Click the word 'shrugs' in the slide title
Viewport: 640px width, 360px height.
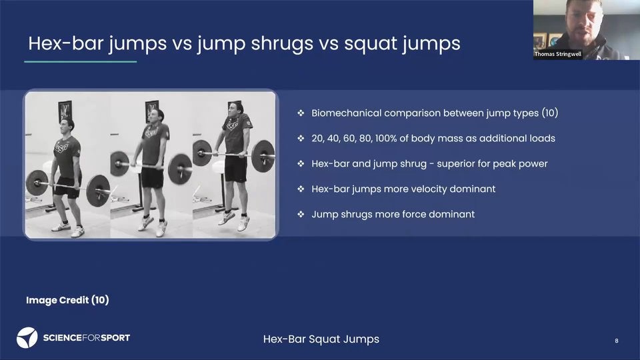[x=281, y=44]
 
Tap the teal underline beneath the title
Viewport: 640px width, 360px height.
[x=81, y=61]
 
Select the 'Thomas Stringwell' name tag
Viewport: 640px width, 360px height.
[x=558, y=54]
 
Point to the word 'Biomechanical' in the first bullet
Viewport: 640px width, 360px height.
[x=346, y=113]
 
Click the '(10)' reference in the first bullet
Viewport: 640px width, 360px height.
[x=550, y=113]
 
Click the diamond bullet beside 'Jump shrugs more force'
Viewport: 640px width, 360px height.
[x=301, y=214]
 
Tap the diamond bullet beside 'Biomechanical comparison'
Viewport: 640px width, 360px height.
[x=301, y=113]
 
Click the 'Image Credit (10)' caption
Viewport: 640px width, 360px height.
[x=67, y=301]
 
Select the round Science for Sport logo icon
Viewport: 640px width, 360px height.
[x=27, y=337]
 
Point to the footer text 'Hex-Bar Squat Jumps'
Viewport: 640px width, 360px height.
[x=321, y=339]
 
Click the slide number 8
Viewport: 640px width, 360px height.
[x=616, y=341]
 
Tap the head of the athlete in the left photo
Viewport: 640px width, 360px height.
[x=67, y=125]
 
